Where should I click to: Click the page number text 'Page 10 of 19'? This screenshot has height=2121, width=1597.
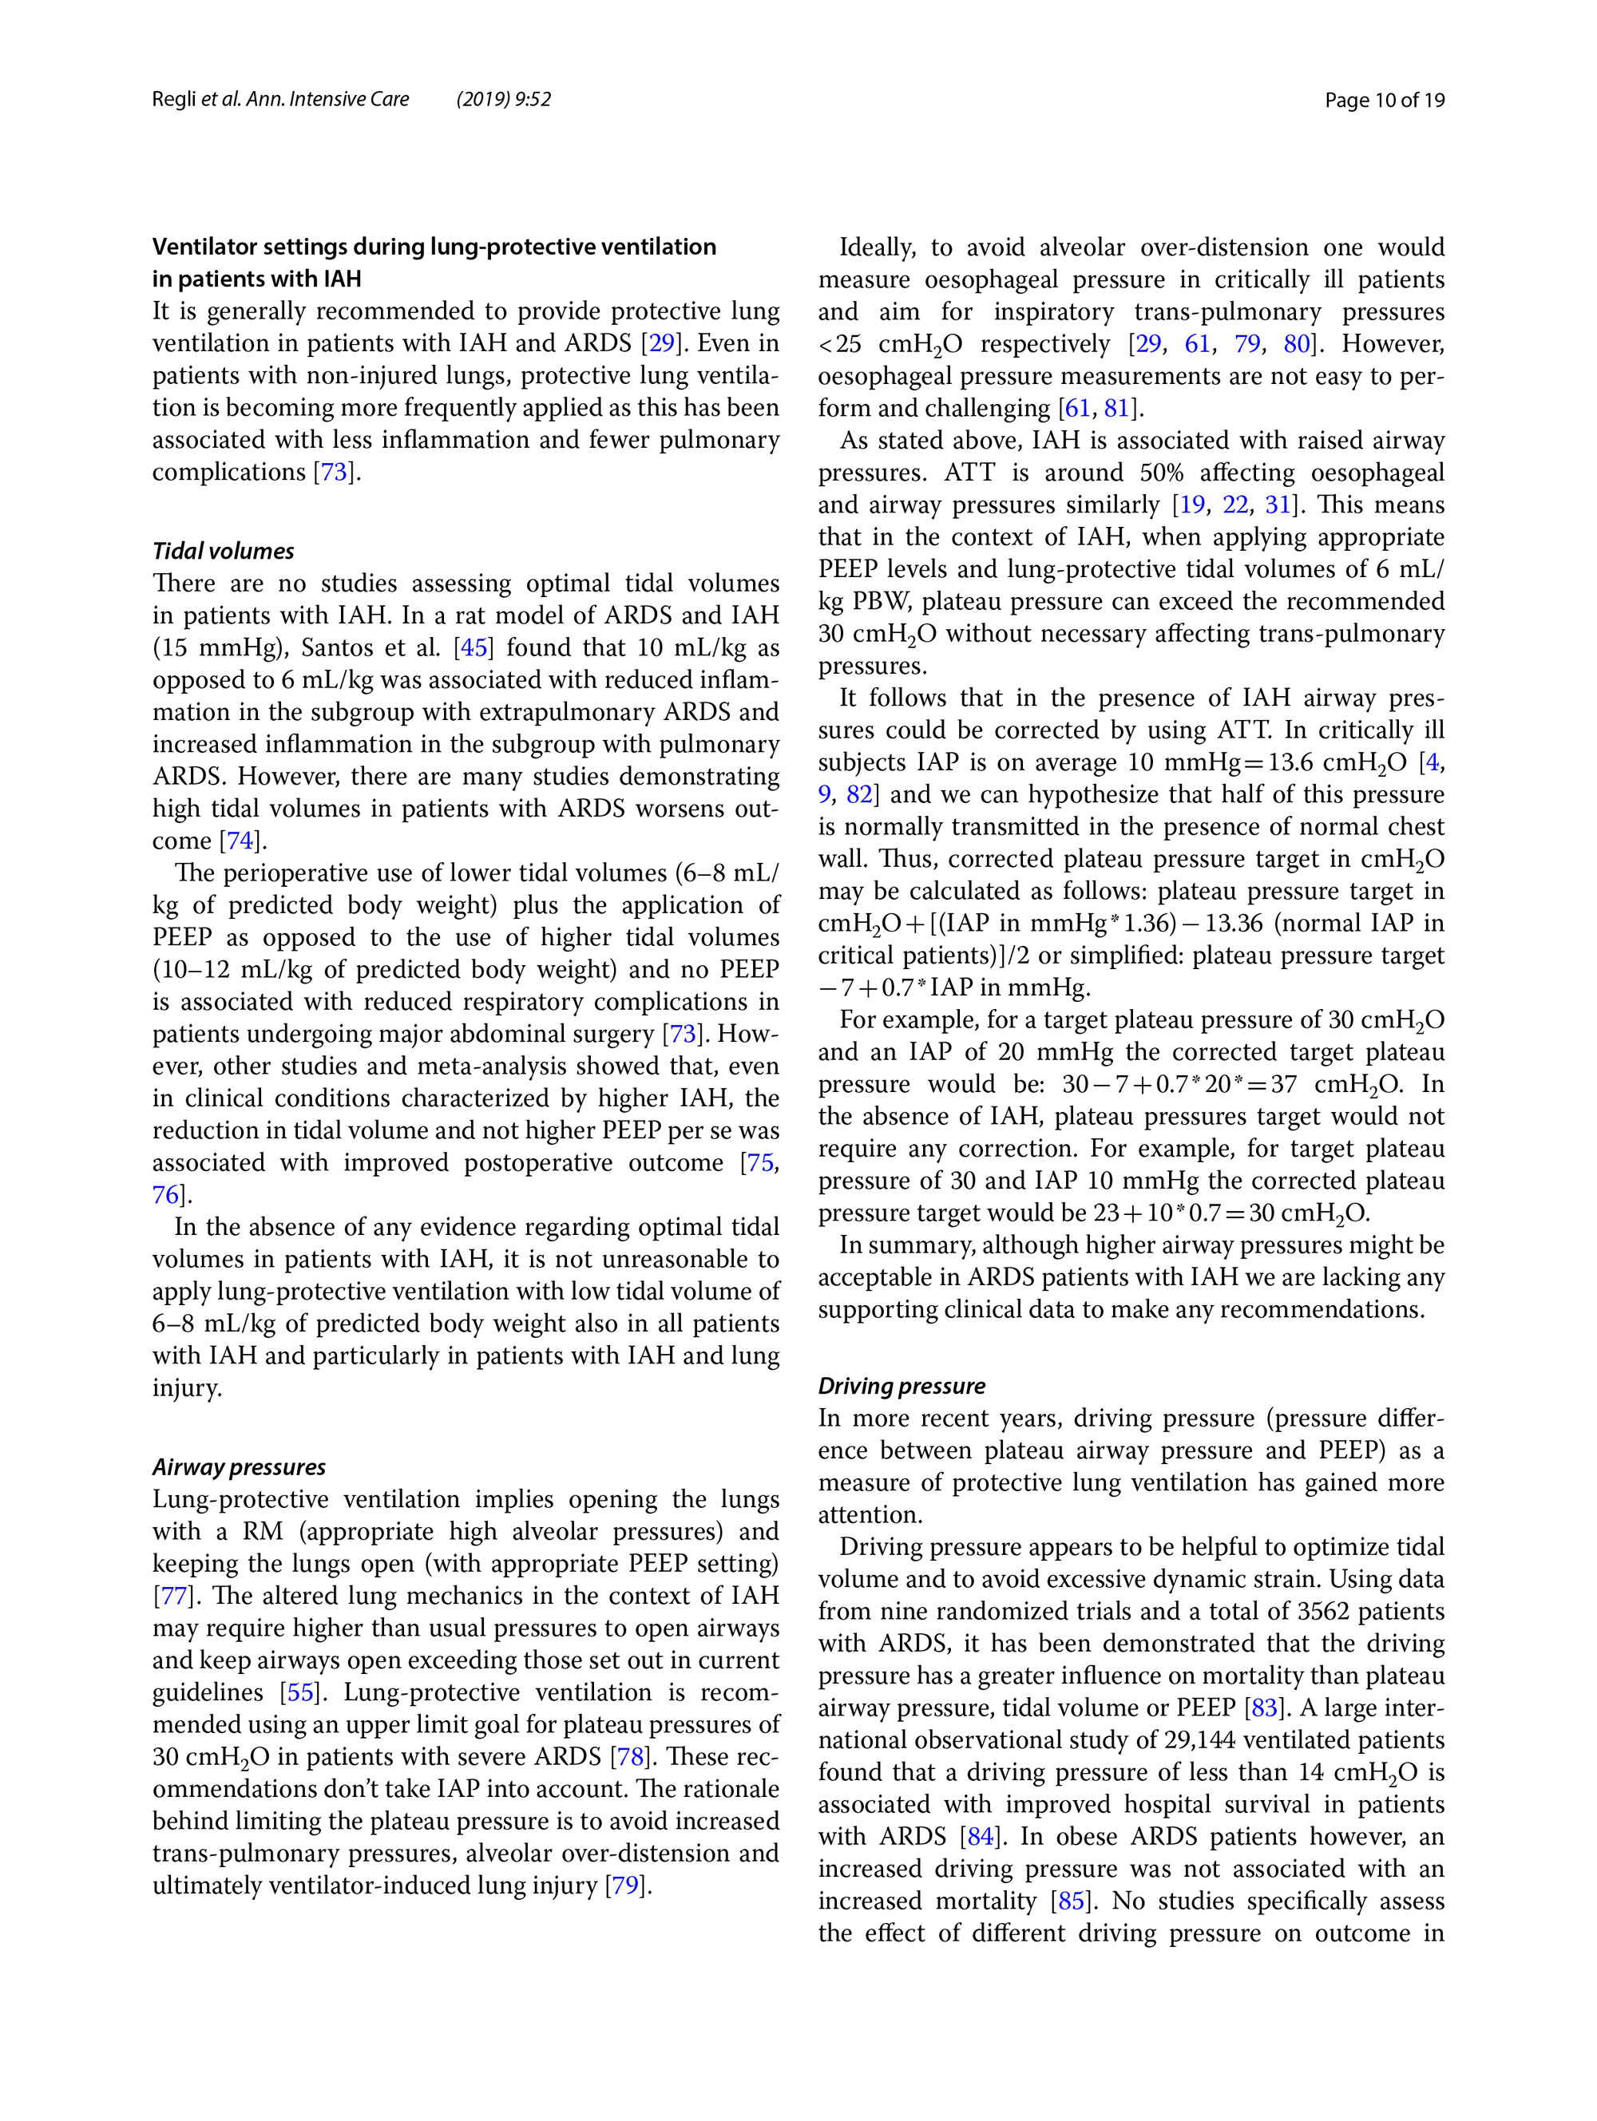(1383, 100)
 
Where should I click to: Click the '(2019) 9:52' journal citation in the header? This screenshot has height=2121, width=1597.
(504, 100)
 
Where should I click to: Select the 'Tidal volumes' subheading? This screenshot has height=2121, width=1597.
(224, 552)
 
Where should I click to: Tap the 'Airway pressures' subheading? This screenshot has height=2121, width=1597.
(239, 1467)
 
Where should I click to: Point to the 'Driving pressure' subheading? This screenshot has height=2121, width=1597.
(902, 1386)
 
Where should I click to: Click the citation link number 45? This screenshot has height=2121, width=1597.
(474, 647)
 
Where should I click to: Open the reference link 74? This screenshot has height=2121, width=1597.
(240, 841)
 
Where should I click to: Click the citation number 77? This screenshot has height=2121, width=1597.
(173, 1596)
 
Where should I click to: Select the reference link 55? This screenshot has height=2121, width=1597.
(300, 1692)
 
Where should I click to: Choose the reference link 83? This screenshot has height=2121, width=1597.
(1264, 1707)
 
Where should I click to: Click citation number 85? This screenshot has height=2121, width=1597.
(1071, 1901)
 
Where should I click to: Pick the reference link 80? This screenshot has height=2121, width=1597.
(1297, 343)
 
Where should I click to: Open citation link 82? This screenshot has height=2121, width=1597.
(859, 794)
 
